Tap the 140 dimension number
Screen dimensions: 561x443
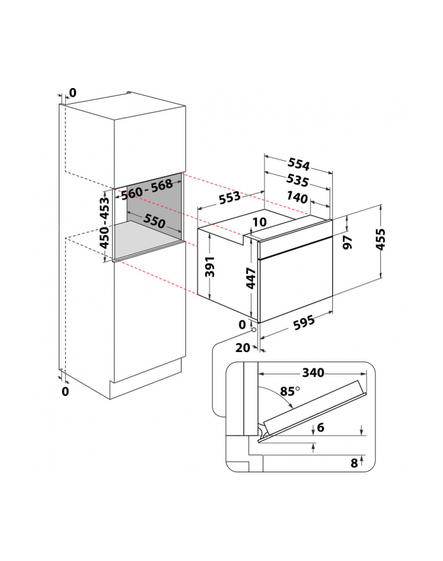click(298, 198)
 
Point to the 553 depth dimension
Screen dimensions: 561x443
click(230, 196)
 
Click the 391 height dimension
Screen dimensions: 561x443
click(212, 268)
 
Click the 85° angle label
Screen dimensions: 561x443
click(288, 391)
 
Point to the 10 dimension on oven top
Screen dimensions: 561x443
click(258, 222)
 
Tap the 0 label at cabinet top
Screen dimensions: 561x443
click(72, 93)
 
